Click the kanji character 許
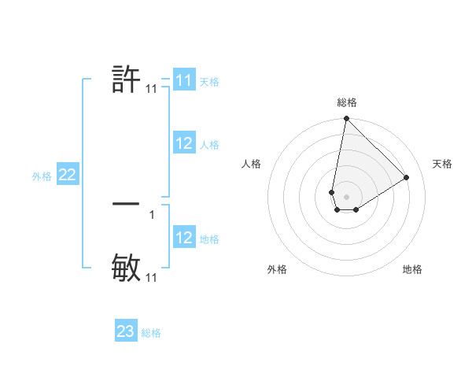tap(126, 80)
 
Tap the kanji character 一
tap(126, 203)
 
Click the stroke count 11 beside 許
tap(152, 90)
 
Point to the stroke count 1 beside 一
tap(152, 213)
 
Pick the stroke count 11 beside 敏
tap(152, 278)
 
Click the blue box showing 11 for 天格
tap(184, 80)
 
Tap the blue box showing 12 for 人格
tap(184, 143)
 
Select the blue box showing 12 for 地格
tap(184, 238)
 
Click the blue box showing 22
tap(67, 176)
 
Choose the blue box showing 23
tap(126, 331)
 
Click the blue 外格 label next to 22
tap(42, 176)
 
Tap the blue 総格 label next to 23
tap(151, 333)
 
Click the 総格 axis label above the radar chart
tap(347, 102)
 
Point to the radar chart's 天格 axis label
tap(442, 164)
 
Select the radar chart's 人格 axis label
tap(252, 164)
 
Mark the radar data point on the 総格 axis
tap(346, 119)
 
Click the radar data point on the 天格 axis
tap(407, 177)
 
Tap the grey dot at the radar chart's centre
tap(346, 197)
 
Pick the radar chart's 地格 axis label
tap(412, 269)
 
